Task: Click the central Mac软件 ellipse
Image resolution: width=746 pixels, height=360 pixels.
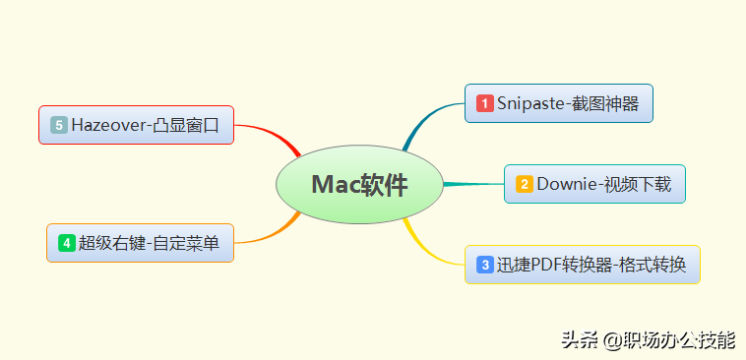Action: pos(358,185)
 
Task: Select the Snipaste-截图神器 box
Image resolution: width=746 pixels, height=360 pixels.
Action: pos(559,103)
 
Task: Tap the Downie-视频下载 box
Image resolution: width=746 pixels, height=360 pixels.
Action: pos(594,184)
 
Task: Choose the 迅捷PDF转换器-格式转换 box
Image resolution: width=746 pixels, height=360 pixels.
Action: pos(582,265)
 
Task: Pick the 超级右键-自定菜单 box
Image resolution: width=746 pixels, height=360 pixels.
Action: pos(140,243)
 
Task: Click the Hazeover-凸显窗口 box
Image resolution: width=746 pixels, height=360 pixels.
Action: pos(136,125)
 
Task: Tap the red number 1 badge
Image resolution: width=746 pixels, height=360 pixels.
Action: pos(484,103)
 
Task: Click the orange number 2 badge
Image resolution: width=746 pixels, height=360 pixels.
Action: pos(525,184)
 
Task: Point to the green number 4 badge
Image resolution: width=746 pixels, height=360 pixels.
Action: pos(67,243)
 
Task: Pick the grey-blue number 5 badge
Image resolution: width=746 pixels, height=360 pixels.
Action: pos(59,125)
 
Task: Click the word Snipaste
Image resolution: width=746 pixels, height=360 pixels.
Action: pos(529,103)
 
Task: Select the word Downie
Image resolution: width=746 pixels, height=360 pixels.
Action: pos(565,184)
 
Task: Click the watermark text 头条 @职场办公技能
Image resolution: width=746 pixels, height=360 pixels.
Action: pos(648,340)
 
